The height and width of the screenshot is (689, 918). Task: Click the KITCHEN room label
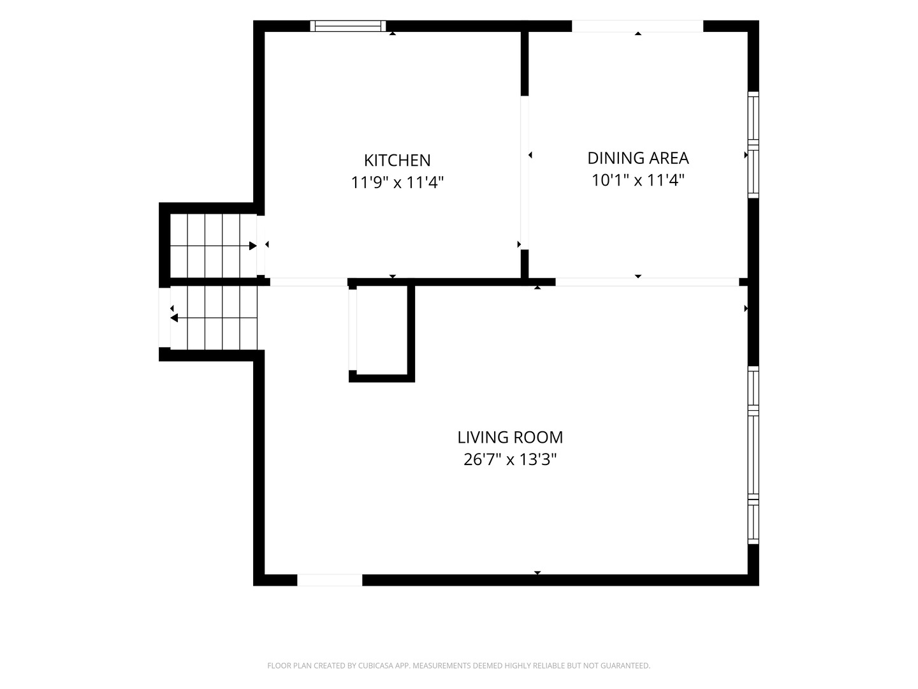tap(397, 160)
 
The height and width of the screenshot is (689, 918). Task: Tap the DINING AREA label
tap(637, 158)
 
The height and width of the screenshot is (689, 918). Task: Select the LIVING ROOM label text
tap(510, 438)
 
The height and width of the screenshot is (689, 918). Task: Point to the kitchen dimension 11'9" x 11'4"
tap(397, 182)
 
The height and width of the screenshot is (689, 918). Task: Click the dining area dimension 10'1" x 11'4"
tap(637, 181)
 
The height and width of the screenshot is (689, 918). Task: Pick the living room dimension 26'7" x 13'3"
tap(510, 460)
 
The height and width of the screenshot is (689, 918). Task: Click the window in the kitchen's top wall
tap(347, 26)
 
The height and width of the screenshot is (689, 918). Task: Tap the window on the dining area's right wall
tap(753, 145)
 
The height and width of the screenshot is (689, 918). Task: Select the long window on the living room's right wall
tap(753, 455)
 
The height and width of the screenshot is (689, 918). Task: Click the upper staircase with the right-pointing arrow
tap(214, 246)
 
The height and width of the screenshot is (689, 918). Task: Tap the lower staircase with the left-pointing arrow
tap(214, 318)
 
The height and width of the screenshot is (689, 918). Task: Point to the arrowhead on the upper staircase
tap(252, 246)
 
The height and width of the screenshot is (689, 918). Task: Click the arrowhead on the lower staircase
tap(174, 318)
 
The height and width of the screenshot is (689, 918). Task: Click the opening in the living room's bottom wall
tap(330, 581)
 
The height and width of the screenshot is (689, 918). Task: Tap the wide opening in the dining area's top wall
tap(637, 26)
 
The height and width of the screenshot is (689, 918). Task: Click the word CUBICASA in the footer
tap(375, 665)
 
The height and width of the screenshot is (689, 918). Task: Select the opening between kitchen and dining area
tap(525, 173)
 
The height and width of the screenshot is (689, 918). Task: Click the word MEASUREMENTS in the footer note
tap(442, 665)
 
